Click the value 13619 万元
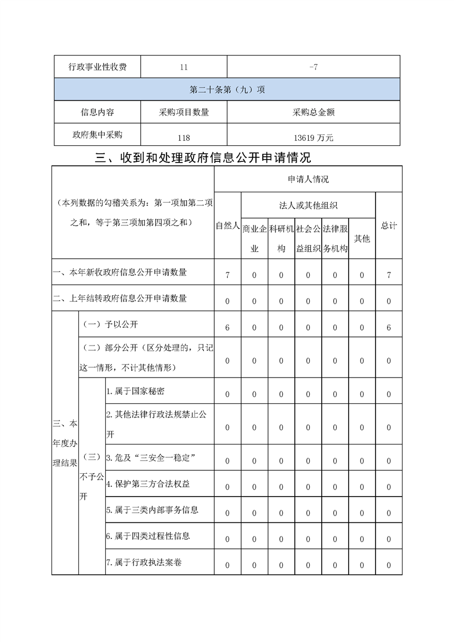coord(313,138)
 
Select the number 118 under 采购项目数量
coord(183,138)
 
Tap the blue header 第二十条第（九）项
coord(227,90)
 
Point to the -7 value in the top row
coord(313,67)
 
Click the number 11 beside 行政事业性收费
coord(183,67)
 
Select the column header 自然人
coord(227,226)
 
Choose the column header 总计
coord(389,226)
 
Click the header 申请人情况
coord(308,179)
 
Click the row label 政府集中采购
coord(97,135)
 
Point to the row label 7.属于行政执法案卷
coord(144,562)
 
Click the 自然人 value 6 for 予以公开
coord(227,328)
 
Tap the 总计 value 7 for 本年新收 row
coord(389,275)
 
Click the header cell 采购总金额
coord(313,112)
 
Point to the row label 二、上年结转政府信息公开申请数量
coord(120,298)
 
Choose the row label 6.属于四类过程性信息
coord(148,536)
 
